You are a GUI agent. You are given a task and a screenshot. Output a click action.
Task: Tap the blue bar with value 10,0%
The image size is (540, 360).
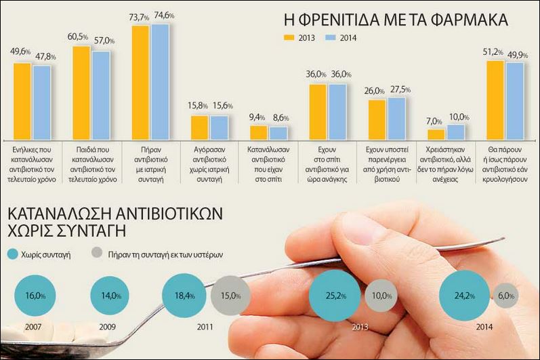tap(456, 132)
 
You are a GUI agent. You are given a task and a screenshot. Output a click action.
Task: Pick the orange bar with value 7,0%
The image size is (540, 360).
tap(436, 134)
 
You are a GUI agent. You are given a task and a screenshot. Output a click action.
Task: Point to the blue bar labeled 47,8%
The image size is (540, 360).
tap(41, 101)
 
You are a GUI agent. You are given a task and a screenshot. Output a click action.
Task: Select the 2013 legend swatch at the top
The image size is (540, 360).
tap(289, 37)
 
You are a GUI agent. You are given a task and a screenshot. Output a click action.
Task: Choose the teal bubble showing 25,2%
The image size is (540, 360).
tap(332, 296)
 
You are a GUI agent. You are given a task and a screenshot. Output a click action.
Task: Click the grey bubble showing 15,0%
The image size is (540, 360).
tap(230, 296)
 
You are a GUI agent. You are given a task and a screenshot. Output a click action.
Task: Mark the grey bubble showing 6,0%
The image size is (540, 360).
tap(505, 296)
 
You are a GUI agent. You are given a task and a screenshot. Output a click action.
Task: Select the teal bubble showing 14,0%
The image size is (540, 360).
tap(108, 296)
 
